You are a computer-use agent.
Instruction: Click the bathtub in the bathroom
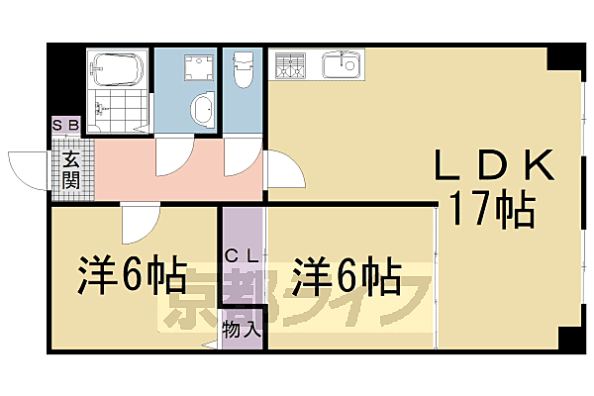pos(118,70)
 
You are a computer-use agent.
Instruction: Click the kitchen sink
pos(344,66)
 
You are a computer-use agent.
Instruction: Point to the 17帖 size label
pos(492,209)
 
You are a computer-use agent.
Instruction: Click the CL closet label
pos(242,254)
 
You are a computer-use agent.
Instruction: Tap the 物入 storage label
pos(243,328)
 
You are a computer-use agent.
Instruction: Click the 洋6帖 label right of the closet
pos(346,276)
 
